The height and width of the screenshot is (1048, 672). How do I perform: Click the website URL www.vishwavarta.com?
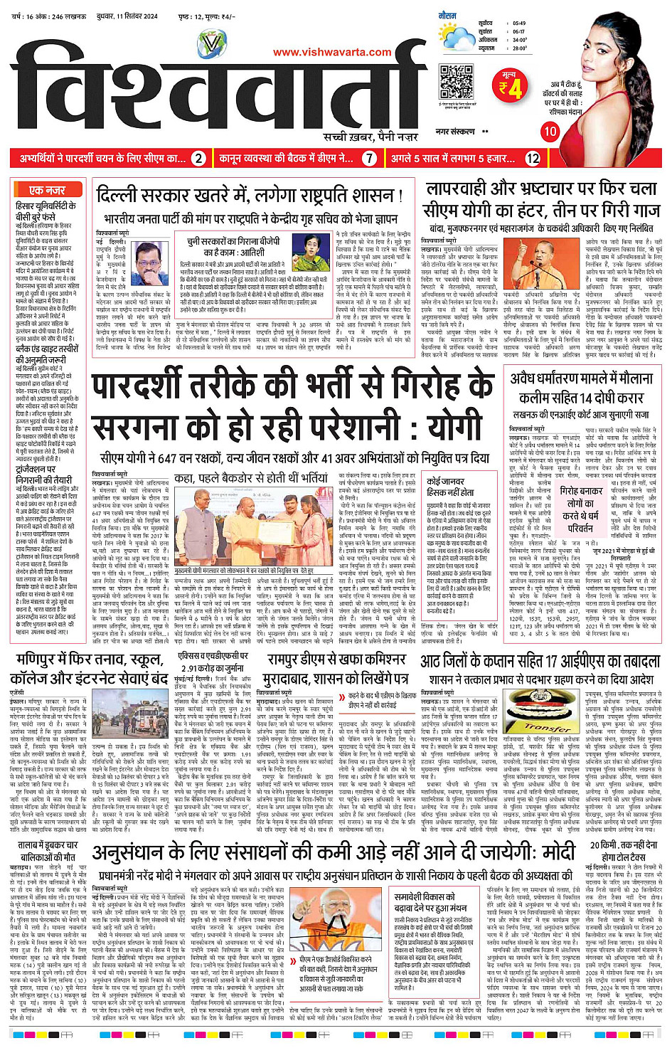[332, 52]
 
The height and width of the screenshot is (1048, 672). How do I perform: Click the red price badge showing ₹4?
[509, 85]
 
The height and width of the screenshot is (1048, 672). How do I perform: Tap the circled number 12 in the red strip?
[533, 159]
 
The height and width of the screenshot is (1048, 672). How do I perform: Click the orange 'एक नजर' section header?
[47, 191]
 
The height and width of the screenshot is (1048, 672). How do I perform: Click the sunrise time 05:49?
[519, 23]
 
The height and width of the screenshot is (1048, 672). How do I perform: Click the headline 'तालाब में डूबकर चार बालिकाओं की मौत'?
[48, 850]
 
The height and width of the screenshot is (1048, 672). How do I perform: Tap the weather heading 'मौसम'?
[447, 15]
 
